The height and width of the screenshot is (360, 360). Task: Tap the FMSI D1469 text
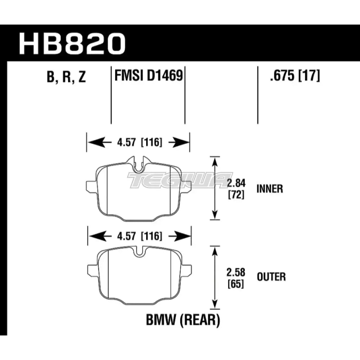pos(148,77)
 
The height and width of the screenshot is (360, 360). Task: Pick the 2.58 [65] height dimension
pos(236,278)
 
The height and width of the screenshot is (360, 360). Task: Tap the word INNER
pos(270,189)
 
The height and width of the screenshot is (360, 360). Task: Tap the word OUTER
pos(271,277)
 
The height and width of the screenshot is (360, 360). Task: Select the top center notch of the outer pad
pos(139,252)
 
